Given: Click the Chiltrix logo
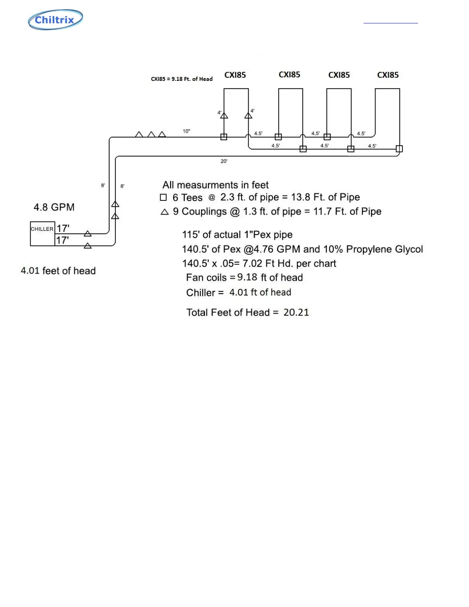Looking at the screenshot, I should (x=56, y=20).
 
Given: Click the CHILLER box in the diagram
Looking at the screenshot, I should (x=43, y=233).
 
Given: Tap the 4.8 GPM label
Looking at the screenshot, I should (x=54, y=207).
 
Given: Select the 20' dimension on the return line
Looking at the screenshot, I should (x=224, y=161).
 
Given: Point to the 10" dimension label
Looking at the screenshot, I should (x=186, y=131).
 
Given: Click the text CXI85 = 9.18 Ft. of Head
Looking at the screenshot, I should (x=182, y=79).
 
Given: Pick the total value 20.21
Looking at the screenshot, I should (x=296, y=312).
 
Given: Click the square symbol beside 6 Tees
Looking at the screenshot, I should (x=163, y=197).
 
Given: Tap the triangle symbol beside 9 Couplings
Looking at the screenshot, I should (x=165, y=212).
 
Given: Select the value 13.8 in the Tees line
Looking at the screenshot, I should (x=300, y=197).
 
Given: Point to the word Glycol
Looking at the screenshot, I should (x=409, y=249).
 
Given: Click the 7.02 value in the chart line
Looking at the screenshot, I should (x=252, y=264).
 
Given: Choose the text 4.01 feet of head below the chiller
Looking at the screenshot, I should (x=58, y=271).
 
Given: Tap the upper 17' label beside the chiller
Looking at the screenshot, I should (x=63, y=228).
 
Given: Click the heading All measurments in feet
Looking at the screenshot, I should (x=215, y=185).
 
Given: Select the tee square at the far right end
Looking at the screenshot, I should (x=399, y=149).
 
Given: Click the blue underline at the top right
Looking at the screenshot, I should (x=390, y=23).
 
